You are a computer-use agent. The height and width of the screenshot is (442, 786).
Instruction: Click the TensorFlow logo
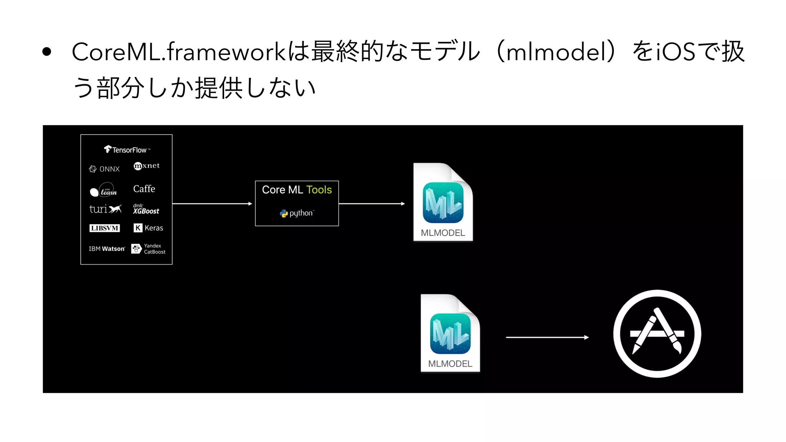coord(127,150)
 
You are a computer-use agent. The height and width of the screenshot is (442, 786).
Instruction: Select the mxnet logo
coord(147,166)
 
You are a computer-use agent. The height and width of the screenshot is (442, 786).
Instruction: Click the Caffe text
coord(144,189)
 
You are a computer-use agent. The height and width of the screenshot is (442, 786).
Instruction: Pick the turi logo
coord(105,209)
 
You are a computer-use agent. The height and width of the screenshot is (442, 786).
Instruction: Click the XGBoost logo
coord(146,209)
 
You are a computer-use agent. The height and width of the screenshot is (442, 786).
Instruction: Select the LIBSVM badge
coord(104,228)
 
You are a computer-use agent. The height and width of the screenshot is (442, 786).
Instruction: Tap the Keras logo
coord(148,228)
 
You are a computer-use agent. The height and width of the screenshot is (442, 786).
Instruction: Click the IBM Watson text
coord(107,249)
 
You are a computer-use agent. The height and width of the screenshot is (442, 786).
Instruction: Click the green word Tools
coord(319,190)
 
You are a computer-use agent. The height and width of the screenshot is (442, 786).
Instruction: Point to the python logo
coord(297,213)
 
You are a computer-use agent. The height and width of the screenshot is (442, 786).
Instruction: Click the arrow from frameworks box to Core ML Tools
coord(212,204)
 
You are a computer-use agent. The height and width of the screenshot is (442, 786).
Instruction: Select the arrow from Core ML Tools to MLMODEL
coord(372,204)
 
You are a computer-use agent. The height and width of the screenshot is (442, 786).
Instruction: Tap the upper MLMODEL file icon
coord(443,202)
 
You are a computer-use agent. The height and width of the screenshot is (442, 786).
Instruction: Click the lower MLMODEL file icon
coord(450,333)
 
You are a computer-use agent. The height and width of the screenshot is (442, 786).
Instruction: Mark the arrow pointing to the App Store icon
coord(547,337)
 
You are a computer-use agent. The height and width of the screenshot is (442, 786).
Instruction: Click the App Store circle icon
coord(657,334)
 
